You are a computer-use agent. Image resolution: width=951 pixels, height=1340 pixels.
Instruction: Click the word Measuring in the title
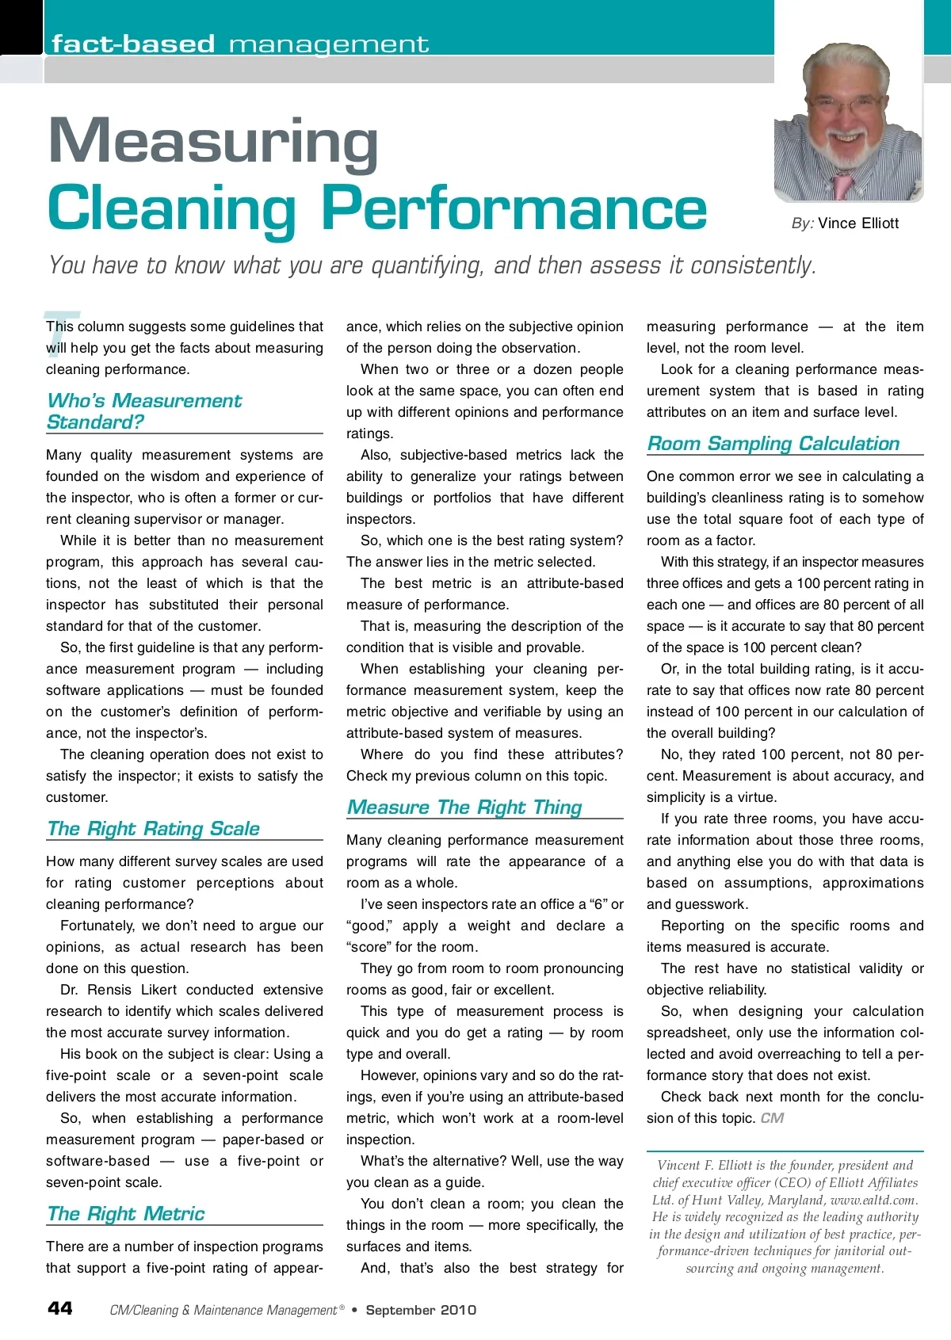[213, 141]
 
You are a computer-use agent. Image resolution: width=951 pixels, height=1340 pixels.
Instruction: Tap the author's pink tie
[841, 185]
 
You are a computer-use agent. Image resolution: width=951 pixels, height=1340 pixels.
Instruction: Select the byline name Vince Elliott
[858, 223]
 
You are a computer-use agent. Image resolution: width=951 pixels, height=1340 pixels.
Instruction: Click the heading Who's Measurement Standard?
[144, 411]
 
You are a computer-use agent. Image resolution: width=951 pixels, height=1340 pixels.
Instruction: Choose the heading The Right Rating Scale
[154, 829]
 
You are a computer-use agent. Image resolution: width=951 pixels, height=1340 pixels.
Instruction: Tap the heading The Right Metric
[126, 1214]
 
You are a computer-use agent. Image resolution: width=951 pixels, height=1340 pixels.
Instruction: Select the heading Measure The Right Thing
[465, 807]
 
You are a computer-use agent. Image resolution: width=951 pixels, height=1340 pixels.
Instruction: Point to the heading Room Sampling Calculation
[773, 444]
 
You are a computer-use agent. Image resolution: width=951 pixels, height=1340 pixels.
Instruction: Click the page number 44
[60, 1308]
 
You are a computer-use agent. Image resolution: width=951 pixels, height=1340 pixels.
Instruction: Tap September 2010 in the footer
[421, 1310]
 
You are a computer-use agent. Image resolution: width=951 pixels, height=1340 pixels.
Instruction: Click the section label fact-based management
[240, 44]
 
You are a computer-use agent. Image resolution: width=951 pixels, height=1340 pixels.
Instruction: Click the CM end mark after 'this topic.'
[772, 1118]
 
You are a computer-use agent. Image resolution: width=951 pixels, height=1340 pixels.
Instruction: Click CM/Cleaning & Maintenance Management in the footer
[223, 1311]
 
